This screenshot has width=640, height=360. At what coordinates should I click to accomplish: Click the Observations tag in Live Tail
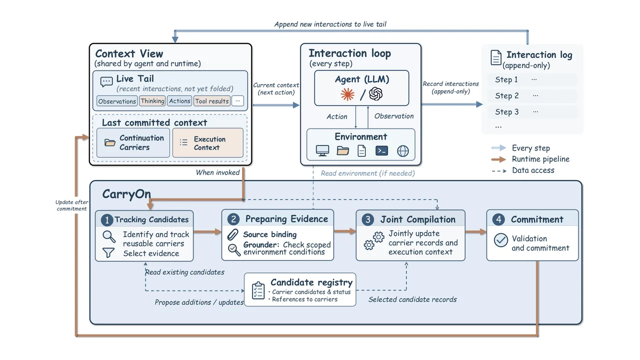(117, 101)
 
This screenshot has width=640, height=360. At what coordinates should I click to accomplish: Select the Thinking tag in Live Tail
(152, 101)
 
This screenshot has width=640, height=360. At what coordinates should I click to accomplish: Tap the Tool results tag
(211, 101)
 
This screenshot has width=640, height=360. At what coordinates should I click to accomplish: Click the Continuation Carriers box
(133, 142)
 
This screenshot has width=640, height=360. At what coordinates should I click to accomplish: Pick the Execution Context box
(208, 142)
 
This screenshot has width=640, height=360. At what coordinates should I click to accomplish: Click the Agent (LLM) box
(361, 88)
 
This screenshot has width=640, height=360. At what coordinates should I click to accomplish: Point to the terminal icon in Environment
(381, 150)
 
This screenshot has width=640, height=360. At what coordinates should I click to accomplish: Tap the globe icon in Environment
(403, 151)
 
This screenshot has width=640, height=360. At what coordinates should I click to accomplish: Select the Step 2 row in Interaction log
(532, 95)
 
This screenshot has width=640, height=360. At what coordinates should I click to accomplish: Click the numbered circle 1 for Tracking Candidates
(107, 220)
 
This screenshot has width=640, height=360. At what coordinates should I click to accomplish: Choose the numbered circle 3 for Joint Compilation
(367, 219)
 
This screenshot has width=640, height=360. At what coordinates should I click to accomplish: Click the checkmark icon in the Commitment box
(501, 240)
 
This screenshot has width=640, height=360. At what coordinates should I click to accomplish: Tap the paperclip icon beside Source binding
(232, 234)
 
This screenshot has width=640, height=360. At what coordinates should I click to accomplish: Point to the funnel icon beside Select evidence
(108, 252)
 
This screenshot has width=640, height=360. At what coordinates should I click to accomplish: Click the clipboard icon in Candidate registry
(258, 290)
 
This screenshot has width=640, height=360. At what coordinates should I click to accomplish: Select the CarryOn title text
(126, 194)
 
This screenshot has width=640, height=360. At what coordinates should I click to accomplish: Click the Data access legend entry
(523, 170)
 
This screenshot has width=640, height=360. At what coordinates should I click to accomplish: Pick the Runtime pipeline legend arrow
(498, 159)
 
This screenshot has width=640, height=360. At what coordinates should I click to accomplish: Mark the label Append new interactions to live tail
(330, 24)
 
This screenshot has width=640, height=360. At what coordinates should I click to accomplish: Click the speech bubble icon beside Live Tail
(106, 82)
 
